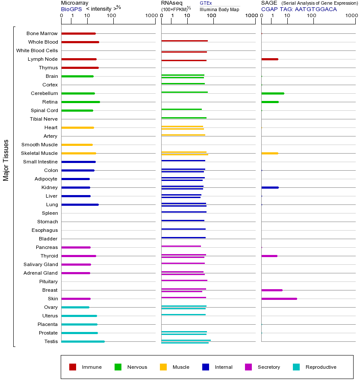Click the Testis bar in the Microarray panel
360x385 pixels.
click(x=83, y=341)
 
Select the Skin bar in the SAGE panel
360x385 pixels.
click(x=279, y=299)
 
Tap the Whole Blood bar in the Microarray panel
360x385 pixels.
click(x=80, y=42)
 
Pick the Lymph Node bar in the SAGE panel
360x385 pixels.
click(x=269, y=59)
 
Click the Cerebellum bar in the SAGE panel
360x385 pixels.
click(x=272, y=93)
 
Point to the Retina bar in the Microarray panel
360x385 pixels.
click(x=80, y=102)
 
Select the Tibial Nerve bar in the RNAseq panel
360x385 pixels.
click(x=184, y=118)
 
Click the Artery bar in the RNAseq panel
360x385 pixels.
click(x=183, y=135)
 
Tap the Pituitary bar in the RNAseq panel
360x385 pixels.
click(x=184, y=280)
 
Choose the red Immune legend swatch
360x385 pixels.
click(x=73, y=367)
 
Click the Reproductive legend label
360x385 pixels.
click(x=321, y=367)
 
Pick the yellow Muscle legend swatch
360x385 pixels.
click(x=163, y=367)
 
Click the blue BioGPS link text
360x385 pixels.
click(x=71, y=9)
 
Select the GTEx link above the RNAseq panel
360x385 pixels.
click(x=206, y=3)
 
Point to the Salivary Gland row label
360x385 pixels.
click(x=41, y=264)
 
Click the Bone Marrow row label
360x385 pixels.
click(x=42, y=33)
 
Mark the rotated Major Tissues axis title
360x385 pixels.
click(x=6, y=160)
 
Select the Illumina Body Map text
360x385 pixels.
click(x=219, y=9)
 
